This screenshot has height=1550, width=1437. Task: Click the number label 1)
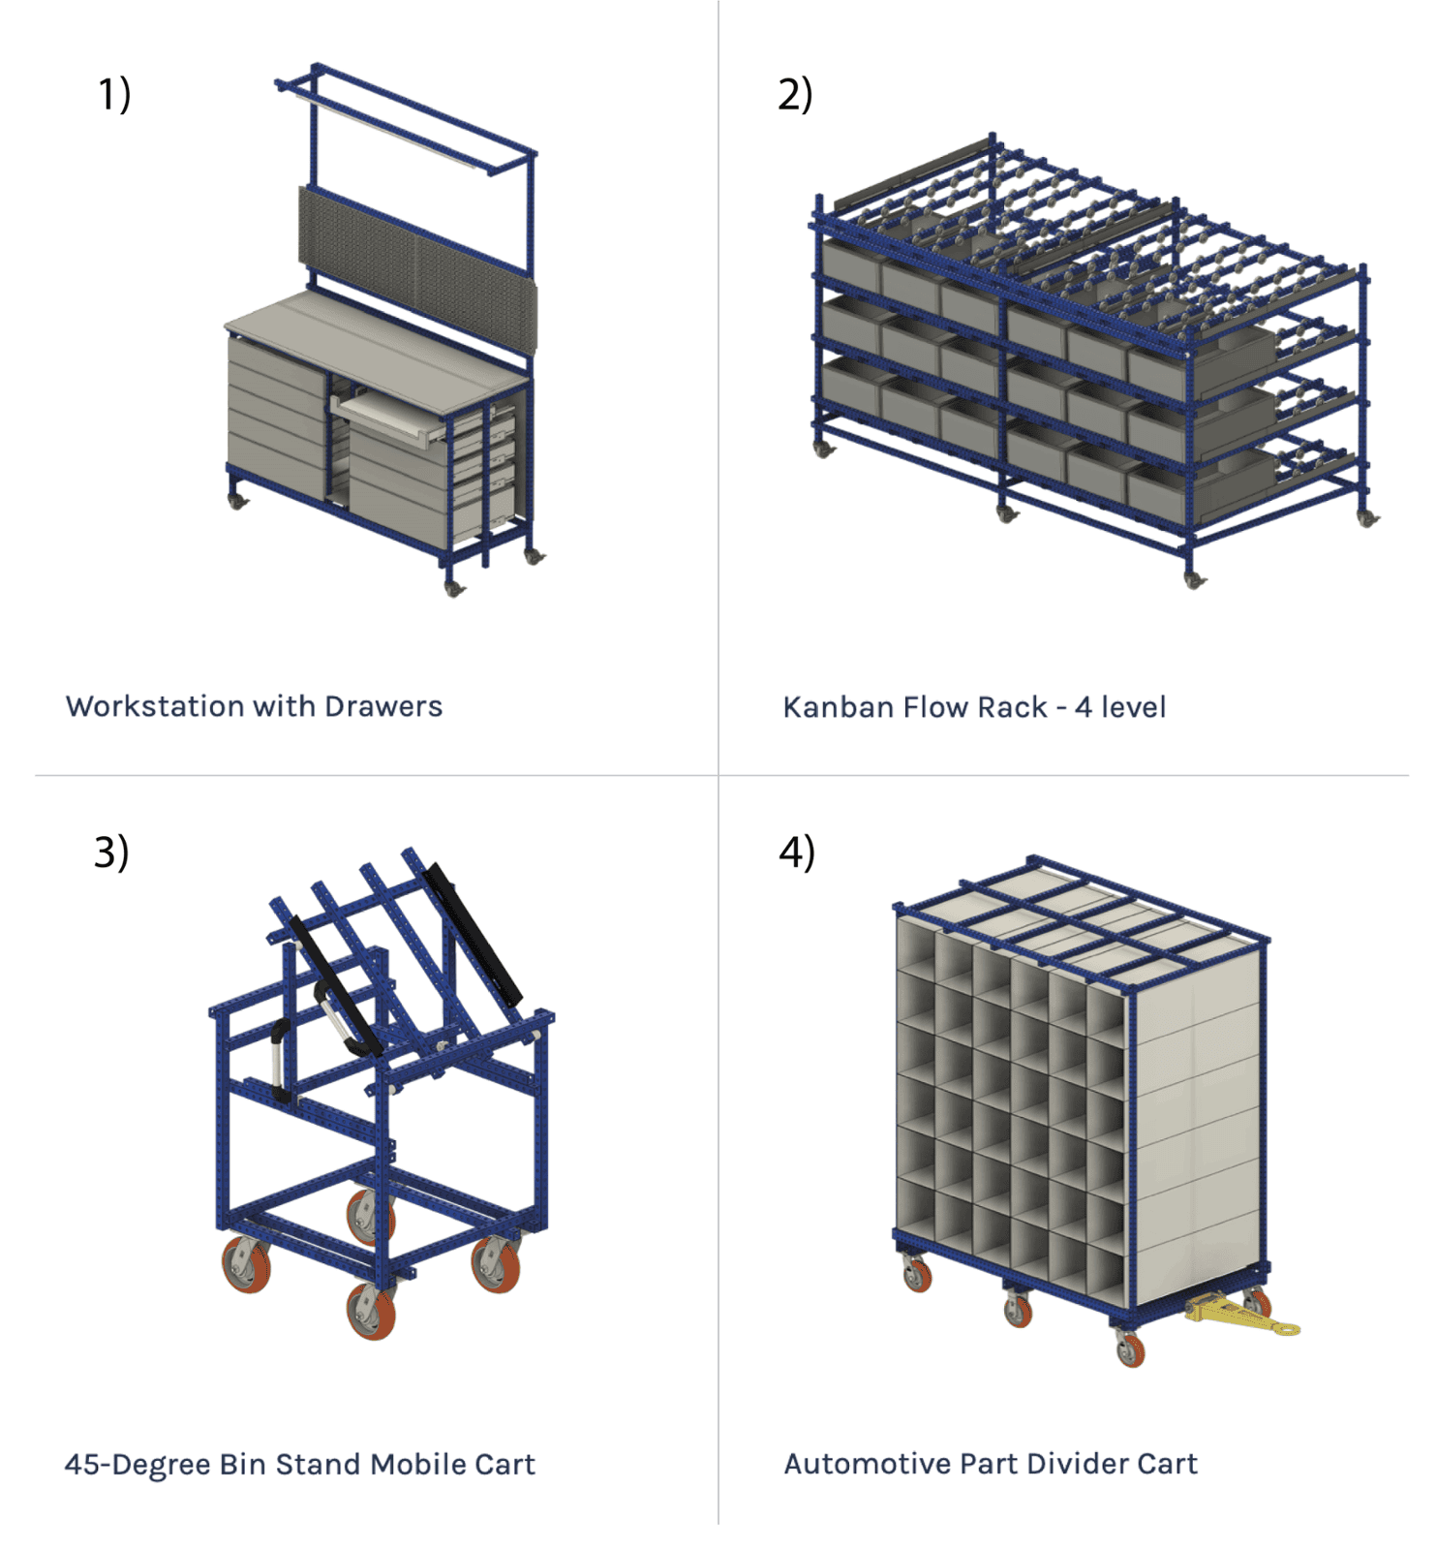click(114, 95)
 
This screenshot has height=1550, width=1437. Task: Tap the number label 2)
click(795, 95)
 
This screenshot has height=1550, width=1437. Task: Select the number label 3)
click(111, 852)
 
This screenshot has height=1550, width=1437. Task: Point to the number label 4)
click(797, 852)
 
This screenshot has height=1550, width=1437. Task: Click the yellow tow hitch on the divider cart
click(1239, 1317)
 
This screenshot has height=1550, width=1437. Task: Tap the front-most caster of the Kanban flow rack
click(1194, 579)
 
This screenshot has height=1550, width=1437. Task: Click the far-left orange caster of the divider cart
click(916, 1274)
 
